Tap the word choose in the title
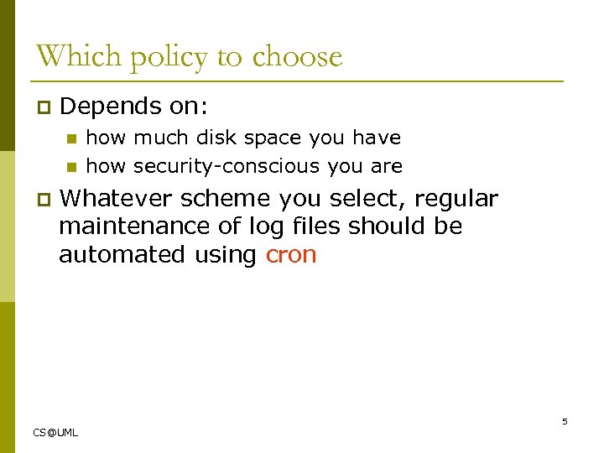click(297, 57)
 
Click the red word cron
click(291, 255)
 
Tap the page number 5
click(565, 421)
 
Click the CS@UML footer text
click(55, 433)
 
